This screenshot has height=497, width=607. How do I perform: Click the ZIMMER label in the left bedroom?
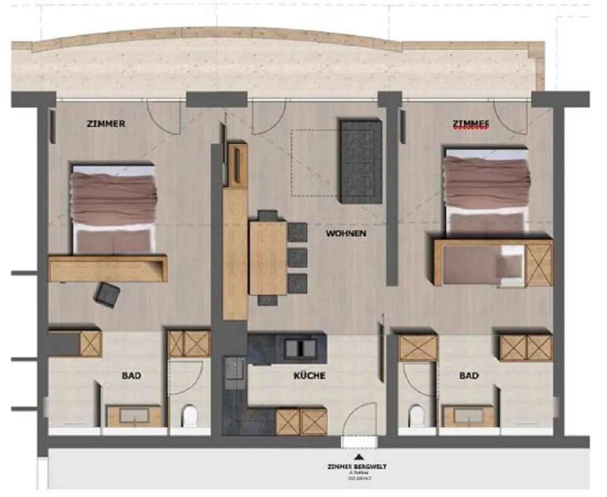[x=106, y=124]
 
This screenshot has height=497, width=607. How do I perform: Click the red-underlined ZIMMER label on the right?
[x=470, y=124]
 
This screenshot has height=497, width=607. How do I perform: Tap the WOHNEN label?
[x=346, y=234]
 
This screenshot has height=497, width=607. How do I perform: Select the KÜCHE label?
[x=309, y=376]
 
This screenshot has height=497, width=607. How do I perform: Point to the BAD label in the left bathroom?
[x=131, y=376]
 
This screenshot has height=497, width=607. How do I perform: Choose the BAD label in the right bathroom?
[x=469, y=376]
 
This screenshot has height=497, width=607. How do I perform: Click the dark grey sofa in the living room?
[x=360, y=161]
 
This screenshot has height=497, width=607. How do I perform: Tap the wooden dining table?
[x=268, y=258]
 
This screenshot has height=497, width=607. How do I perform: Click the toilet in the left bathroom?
[x=189, y=416]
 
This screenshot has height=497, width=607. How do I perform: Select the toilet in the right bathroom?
[x=416, y=416]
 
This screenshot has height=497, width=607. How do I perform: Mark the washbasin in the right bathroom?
[x=469, y=416]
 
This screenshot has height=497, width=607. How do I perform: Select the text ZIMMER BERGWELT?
[x=357, y=467]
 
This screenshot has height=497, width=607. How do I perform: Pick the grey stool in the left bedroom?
[x=107, y=295]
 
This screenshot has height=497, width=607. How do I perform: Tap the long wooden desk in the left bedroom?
[x=108, y=269]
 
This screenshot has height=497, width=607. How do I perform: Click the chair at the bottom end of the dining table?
[x=267, y=300]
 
